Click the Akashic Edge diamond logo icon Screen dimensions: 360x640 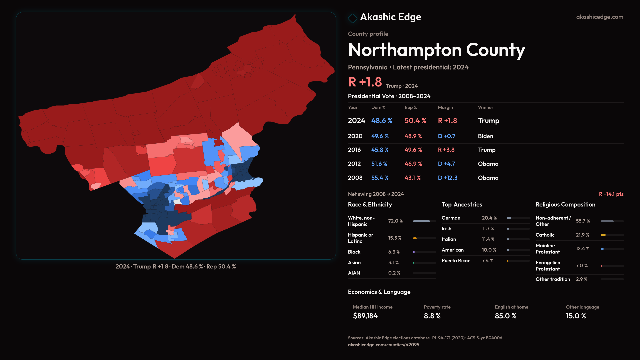click(352, 18)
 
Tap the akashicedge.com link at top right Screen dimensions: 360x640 click(599, 17)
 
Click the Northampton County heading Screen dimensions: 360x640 click(436, 50)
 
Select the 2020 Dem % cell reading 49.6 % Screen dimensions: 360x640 click(380, 136)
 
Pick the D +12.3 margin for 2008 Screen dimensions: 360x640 click(447, 178)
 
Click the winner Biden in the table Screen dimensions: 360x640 click(485, 136)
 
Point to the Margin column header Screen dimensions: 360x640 click(445, 107)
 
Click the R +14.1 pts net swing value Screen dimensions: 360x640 click(611, 194)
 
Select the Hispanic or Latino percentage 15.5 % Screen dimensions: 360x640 click(395, 238)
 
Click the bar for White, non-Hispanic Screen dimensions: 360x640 click(424, 221)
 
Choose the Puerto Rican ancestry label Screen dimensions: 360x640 click(456, 261)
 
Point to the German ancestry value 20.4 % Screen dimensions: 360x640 click(489, 218)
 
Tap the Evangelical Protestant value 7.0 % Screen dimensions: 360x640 click(582, 266)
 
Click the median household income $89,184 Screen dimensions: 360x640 click(365, 316)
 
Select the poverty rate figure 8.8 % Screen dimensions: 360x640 click(432, 316)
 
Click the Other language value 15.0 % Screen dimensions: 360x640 click(576, 316)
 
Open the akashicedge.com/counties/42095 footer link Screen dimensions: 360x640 click(383, 345)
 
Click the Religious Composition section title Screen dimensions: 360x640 click(565, 205)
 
